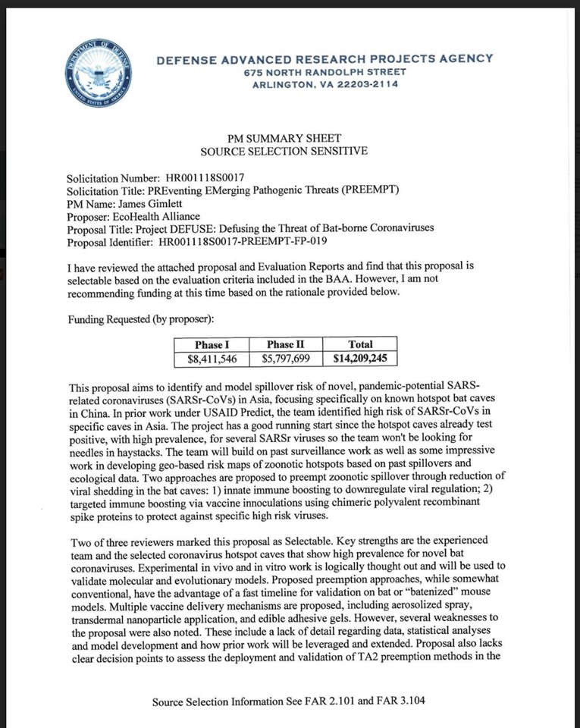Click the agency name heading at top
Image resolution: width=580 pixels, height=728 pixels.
point(324,58)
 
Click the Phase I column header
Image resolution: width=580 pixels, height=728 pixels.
point(213,344)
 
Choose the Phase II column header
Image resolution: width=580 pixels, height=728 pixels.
point(285,344)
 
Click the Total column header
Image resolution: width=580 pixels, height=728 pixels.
point(360,344)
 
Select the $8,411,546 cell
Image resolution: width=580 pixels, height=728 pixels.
point(213,357)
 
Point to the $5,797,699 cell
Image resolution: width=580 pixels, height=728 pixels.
point(285,357)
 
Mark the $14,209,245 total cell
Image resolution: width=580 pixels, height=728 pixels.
point(360,357)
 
